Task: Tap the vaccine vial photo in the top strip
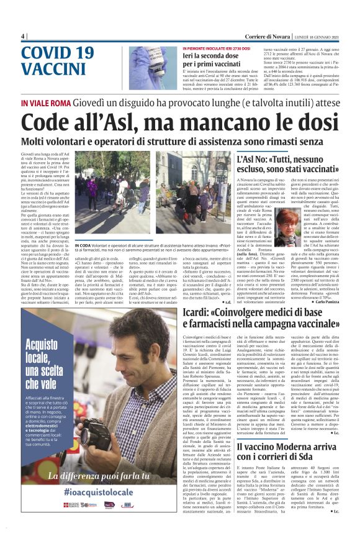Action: [x=153, y=61]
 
